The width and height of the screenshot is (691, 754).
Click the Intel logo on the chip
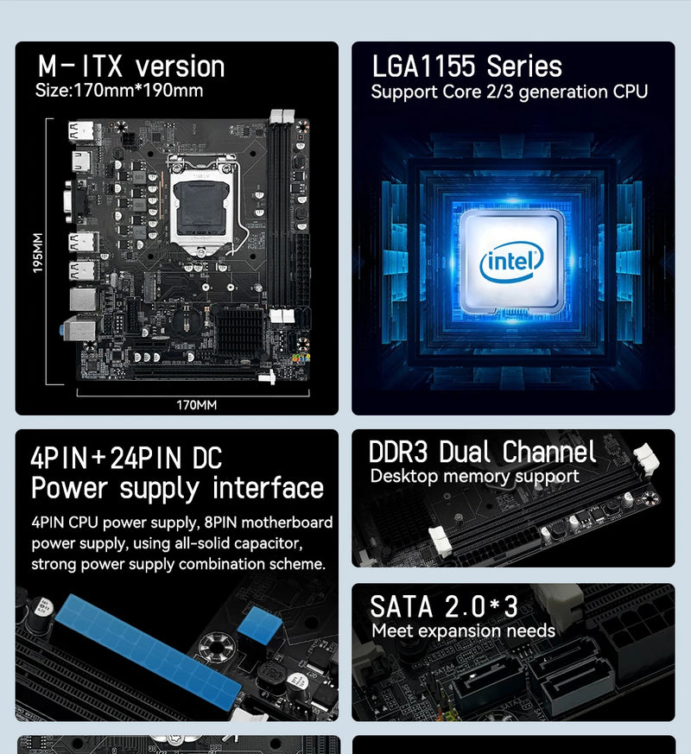point(512,260)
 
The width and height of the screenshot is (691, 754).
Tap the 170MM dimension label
point(196,404)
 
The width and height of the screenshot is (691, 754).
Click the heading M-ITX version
point(130,67)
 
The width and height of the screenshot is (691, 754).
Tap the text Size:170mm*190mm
point(119,91)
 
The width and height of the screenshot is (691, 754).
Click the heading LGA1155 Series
point(466,67)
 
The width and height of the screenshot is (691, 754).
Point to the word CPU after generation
point(630,92)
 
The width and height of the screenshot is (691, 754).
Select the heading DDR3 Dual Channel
point(482,452)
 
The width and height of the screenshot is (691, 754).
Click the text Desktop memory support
point(474,476)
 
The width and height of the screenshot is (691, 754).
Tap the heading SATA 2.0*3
point(444,605)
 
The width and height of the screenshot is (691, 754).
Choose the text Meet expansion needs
point(463,630)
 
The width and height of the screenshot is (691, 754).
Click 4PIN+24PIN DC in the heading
point(126,457)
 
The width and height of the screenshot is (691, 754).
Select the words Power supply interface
point(177,488)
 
